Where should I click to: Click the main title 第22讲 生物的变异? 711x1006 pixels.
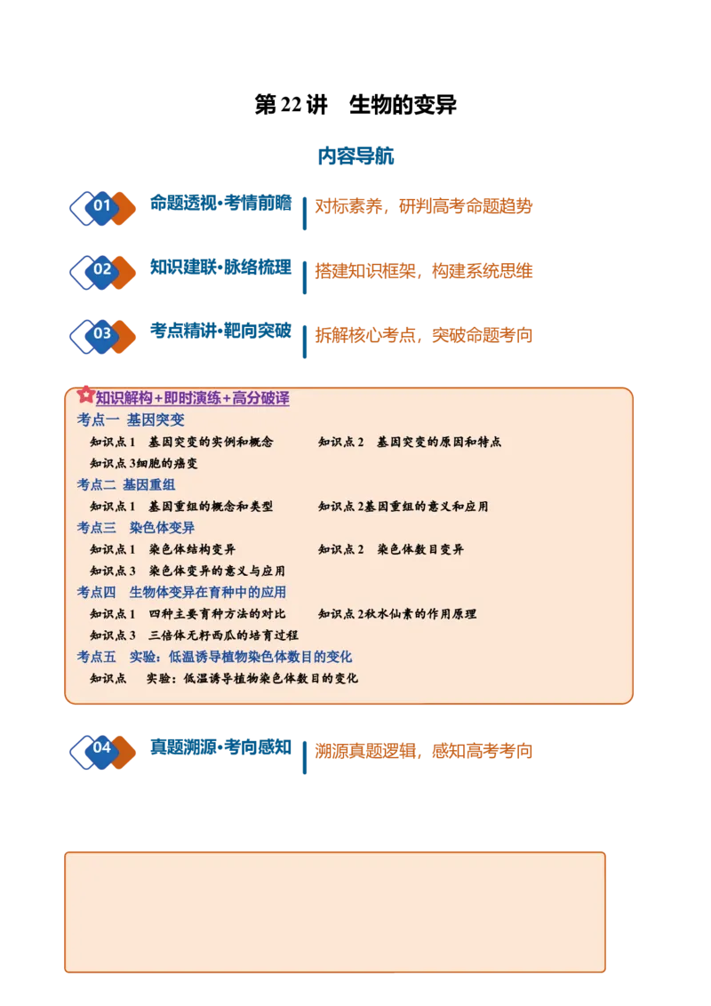(355, 105)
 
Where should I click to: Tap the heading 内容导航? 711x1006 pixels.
(355, 156)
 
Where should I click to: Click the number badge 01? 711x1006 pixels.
(102, 206)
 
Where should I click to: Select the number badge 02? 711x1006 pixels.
(102, 270)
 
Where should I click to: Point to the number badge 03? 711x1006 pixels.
(102, 334)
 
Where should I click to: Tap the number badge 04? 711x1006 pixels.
(102, 749)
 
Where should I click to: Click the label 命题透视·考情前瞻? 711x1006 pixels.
(220, 204)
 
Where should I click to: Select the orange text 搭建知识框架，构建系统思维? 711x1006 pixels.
(424, 271)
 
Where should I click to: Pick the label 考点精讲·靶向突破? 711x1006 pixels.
(220, 331)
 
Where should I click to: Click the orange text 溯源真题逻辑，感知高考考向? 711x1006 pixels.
(424, 751)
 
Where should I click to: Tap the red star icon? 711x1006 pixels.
(85, 394)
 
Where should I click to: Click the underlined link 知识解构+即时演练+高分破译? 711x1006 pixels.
(193, 398)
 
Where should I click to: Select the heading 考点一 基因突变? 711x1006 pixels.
(131, 419)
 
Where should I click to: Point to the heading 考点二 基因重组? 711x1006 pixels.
(126, 484)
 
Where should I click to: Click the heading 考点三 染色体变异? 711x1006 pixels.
(135, 527)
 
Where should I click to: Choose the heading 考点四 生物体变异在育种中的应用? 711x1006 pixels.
(181, 592)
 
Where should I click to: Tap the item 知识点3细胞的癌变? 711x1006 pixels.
(144, 463)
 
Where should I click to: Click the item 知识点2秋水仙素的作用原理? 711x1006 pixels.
(397, 614)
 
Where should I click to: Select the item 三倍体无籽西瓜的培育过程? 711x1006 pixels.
(223, 635)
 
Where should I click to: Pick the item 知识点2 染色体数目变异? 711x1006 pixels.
(391, 549)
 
